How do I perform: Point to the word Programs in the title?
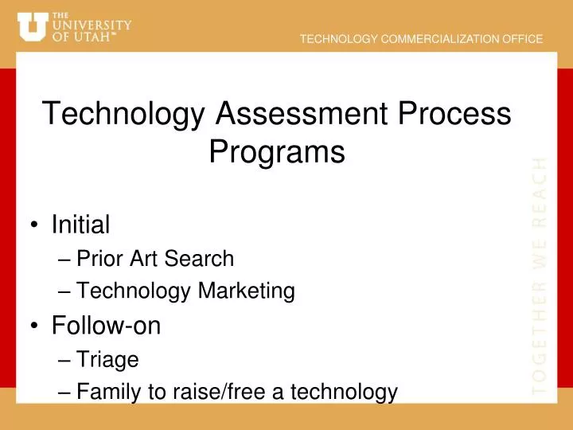coord(276,151)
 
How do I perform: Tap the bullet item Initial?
coord(80,225)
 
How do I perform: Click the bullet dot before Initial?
coord(35,226)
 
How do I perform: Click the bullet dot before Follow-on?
coord(35,326)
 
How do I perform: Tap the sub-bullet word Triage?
coord(108,360)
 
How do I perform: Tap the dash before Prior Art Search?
coord(64,260)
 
